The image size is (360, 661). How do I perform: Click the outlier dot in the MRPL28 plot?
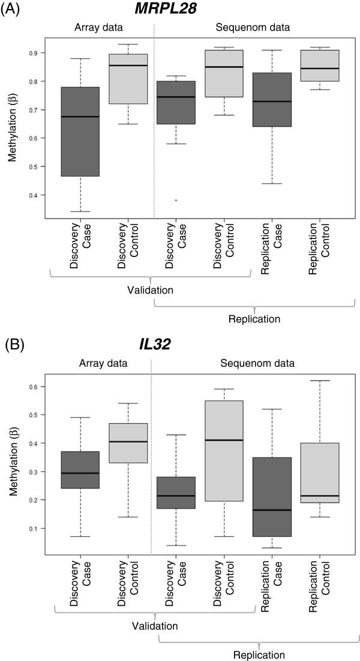pyautogui.click(x=176, y=200)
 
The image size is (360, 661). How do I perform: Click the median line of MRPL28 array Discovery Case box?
pyautogui.click(x=80, y=116)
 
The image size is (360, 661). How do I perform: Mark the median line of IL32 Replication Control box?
pyautogui.click(x=320, y=496)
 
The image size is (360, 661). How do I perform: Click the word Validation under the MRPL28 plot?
pyautogui.click(x=150, y=291)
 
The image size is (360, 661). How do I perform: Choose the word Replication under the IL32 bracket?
pyautogui.click(x=257, y=654)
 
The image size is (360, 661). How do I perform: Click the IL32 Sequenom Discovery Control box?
pyautogui.click(x=224, y=450)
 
